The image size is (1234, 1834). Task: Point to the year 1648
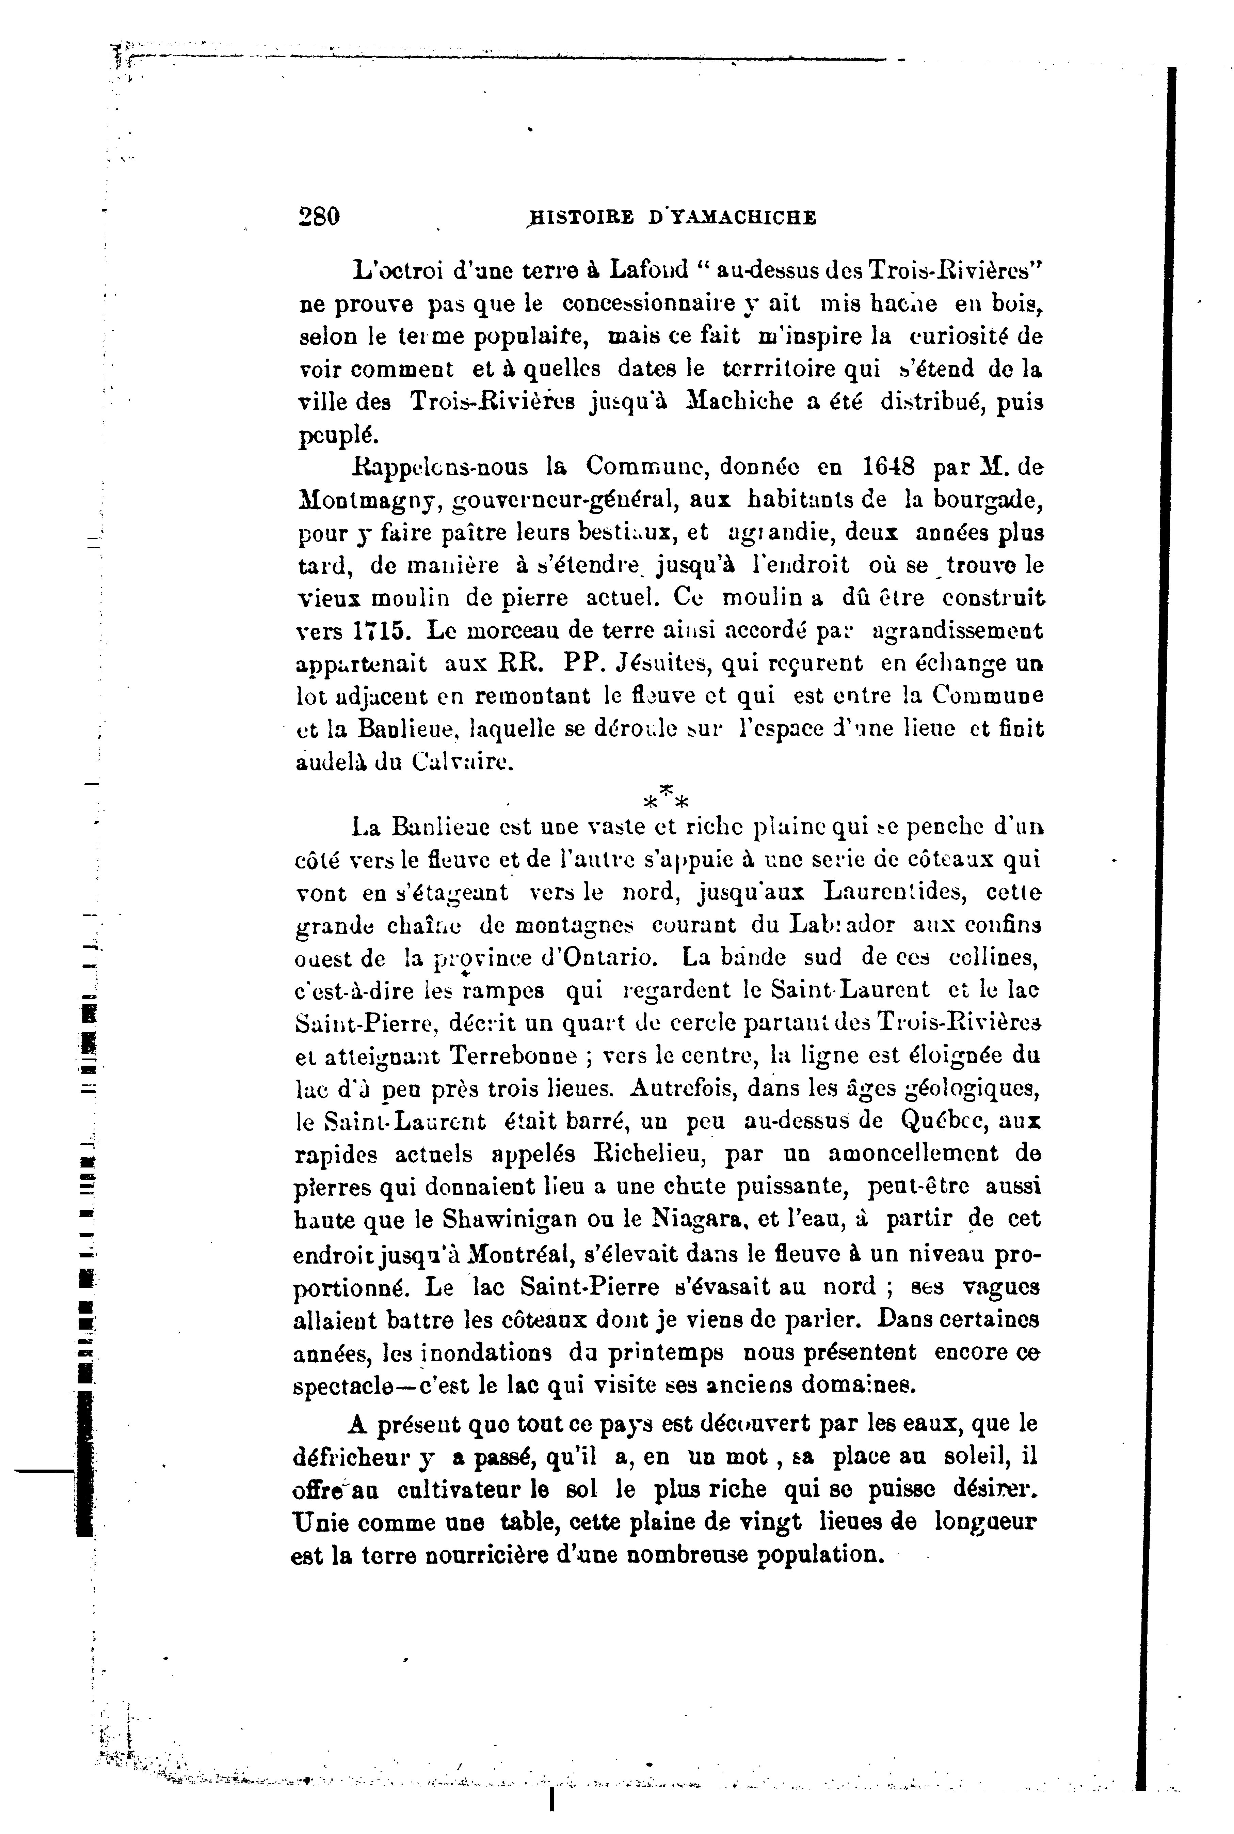[888, 467]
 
